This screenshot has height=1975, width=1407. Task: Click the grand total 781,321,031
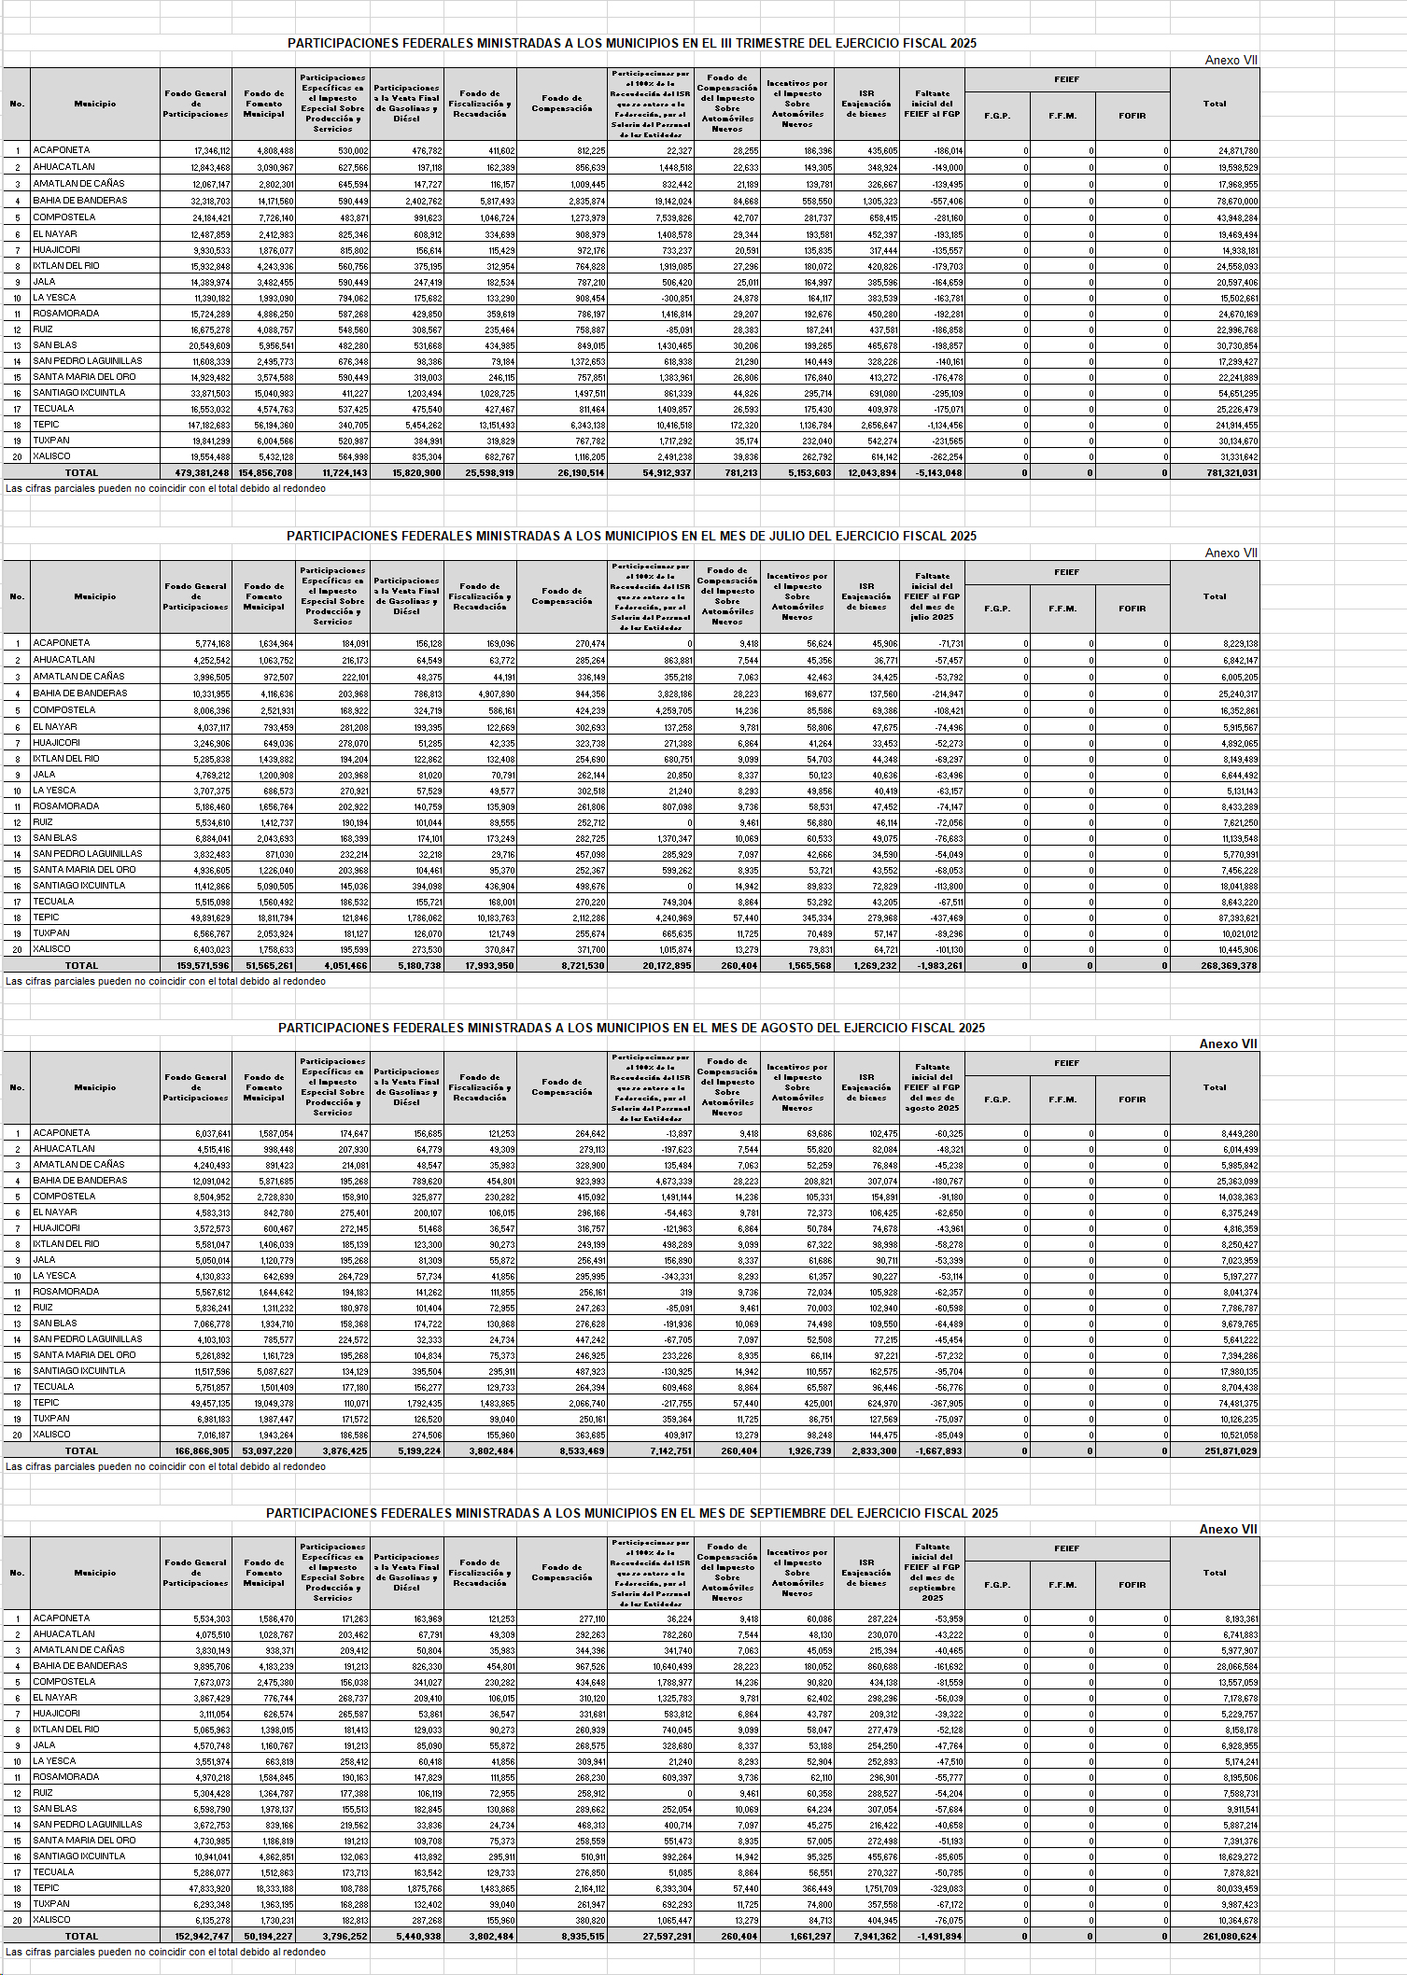(x=1231, y=473)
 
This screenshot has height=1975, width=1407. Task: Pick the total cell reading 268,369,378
(x=1230, y=966)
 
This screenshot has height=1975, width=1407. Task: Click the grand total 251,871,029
(x=1230, y=1451)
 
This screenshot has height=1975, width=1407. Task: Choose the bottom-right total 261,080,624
(x=1230, y=1937)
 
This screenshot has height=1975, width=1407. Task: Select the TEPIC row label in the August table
(x=47, y=1403)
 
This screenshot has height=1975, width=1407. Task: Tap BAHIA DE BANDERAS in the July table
(x=80, y=693)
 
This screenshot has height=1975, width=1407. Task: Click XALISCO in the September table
(x=51, y=1920)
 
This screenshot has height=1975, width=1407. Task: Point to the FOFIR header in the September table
(x=1132, y=1585)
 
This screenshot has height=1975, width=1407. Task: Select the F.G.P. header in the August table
(x=997, y=1100)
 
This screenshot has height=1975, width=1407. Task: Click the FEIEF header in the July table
(x=1066, y=572)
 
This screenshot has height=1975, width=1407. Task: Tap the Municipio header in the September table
(x=95, y=1573)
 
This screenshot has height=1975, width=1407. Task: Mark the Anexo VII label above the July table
(x=1231, y=553)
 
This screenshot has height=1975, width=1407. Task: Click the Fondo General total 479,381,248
(x=196, y=473)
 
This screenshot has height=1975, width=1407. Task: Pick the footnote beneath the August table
(x=166, y=1467)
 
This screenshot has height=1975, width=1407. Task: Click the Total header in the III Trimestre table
(x=1214, y=104)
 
